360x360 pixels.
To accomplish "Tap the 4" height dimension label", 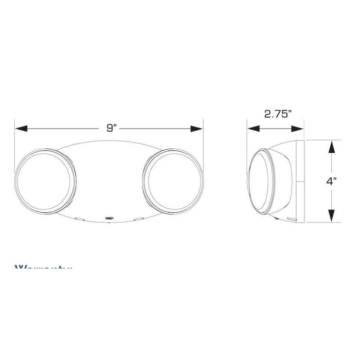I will click(332, 181).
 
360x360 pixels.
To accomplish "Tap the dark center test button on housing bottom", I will click(109, 219).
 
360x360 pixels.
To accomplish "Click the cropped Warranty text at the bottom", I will click(44, 268).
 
